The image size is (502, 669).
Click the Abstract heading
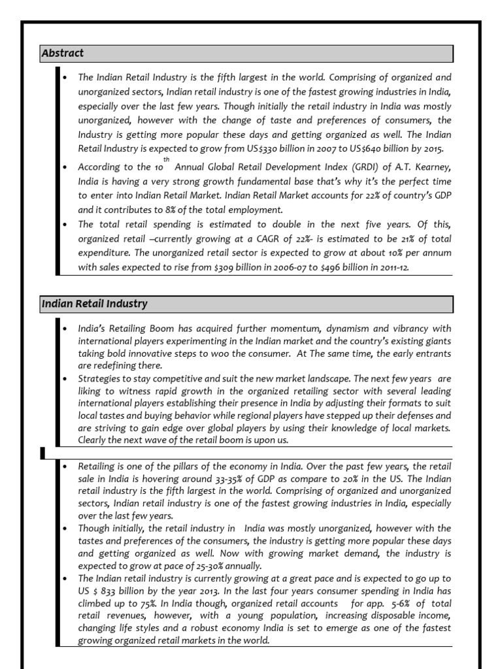63,53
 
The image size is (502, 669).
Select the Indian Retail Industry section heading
94,304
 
